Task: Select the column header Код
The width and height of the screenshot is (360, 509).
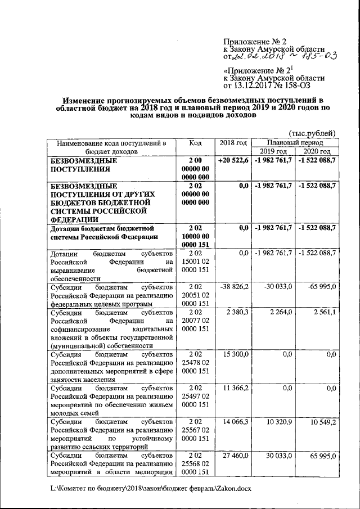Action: coord(195,143)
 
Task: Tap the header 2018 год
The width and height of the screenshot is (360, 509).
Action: coord(233,143)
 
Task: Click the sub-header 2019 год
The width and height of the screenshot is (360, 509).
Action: coord(273,152)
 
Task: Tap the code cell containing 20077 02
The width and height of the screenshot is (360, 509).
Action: coord(195,319)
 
